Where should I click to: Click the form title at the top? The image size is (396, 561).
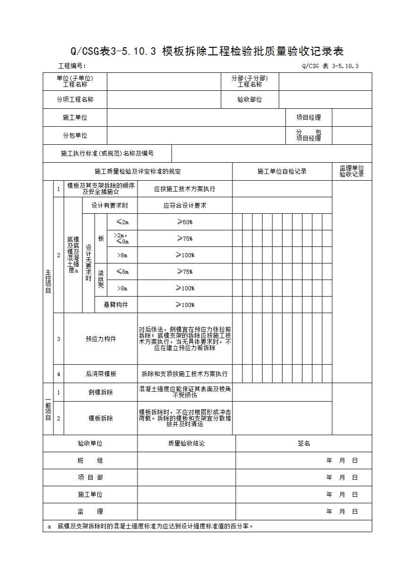(207, 51)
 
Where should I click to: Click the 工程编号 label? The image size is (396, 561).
(71, 66)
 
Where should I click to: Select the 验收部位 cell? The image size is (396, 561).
(250, 100)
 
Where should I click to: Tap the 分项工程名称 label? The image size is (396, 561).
(75, 100)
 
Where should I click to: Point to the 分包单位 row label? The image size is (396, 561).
(75, 135)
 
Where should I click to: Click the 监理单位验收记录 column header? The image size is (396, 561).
(352, 171)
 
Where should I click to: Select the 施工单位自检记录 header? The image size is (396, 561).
(282, 171)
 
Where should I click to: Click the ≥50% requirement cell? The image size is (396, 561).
(185, 222)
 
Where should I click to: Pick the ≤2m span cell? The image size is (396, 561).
(122, 222)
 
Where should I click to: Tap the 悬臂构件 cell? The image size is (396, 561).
(116, 305)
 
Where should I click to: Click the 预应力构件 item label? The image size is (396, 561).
(101, 339)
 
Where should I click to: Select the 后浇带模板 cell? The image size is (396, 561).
(101, 374)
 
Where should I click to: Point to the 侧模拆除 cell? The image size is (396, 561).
(101, 392)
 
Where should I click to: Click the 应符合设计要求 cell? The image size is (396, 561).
(185, 205)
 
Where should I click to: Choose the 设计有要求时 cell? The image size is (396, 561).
(110, 205)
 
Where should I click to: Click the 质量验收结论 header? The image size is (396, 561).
(186, 444)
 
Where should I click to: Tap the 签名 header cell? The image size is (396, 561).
(303, 444)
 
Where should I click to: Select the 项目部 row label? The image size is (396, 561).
(90, 478)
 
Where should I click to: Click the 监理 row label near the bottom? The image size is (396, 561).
(90, 511)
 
